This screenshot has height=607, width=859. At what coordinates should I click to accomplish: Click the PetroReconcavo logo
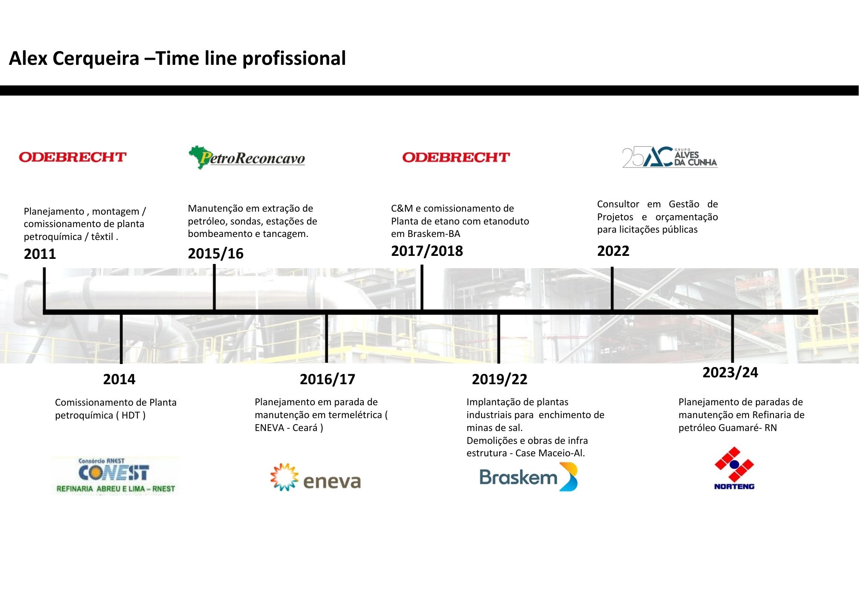247,157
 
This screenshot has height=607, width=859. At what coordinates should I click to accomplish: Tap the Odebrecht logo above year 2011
73,157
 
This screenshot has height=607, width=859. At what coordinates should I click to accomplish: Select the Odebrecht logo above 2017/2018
456,158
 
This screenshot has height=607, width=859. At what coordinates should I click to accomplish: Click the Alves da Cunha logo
670,157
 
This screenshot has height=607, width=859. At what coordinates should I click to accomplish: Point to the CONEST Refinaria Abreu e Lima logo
115,476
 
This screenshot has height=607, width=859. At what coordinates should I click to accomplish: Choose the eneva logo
316,477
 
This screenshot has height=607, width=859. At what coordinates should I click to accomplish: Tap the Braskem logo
528,477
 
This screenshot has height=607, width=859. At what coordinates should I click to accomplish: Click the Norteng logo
734,468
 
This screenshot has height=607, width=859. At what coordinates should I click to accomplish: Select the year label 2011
40,254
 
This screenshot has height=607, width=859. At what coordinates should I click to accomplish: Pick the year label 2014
119,379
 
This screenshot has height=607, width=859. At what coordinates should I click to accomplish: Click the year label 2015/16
216,254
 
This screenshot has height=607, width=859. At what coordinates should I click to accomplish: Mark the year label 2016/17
327,379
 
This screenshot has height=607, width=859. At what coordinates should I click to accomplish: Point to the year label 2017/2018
427,251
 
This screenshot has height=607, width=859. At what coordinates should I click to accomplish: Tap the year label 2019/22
500,379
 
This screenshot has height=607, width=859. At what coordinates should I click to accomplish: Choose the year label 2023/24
730,373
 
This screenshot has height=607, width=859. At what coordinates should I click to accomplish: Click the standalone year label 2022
613,251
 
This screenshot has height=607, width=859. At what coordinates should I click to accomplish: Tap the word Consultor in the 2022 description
618,204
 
